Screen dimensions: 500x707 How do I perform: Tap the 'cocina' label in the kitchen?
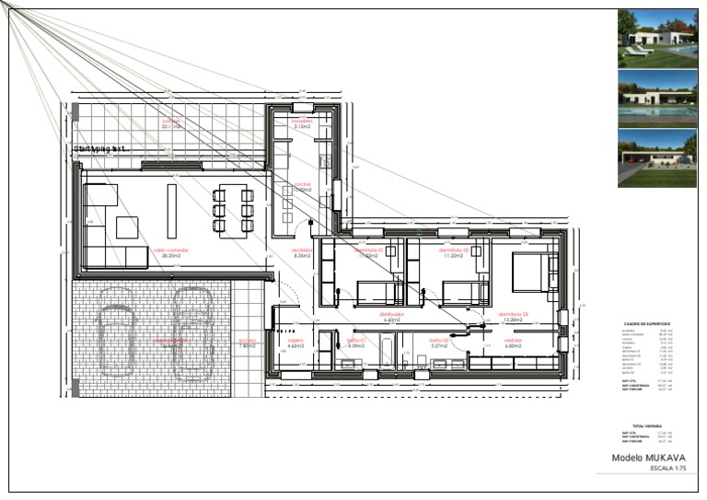pyautogui.click(x=303, y=184)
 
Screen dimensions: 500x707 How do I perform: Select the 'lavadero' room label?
pyautogui.click(x=303, y=122)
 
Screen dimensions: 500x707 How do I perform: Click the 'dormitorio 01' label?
pyautogui.click(x=367, y=250)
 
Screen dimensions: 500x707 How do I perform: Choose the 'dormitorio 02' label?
pyautogui.click(x=454, y=250)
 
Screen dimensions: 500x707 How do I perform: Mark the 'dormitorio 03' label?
pyautogui.click(x=514, y=314)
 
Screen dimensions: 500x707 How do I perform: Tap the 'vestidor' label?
pyautogui.click(x=513, y=341)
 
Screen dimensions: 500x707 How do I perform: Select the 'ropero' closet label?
pyautogui.click(x=296, y=341)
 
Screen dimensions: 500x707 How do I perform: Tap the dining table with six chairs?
pyautogui.click(x=232, y=210)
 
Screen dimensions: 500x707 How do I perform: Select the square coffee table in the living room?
pyautogui.click(x=126, y=227)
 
